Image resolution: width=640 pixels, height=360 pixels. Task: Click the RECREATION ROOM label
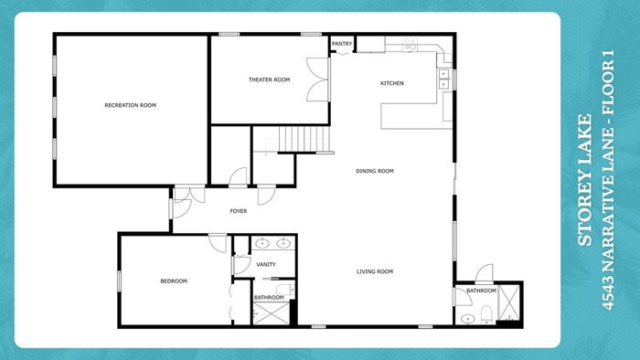(x=130, y=105)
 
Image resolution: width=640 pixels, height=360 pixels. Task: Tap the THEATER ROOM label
(x=270, y=79)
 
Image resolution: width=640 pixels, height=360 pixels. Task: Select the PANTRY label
(x=342, y=44)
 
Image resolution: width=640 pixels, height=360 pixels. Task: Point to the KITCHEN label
(x=392, y=83)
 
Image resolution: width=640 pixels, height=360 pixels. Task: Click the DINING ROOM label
(x=375, y=171)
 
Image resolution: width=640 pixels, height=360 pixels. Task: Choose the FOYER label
(x=239, y=211)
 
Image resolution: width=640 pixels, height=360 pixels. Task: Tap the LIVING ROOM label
(x=375, y=271)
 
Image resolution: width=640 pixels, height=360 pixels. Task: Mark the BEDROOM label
(x=174, y=281)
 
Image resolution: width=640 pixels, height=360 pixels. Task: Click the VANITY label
(x=266, y=265)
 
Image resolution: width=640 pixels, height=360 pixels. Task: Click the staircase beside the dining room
(x=304, y=139)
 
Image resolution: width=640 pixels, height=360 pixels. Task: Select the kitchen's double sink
(x=443, y=79)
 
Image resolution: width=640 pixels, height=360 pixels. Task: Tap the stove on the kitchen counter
(x=411, y=45)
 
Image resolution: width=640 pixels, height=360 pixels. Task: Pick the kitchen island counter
(x=416, y=116)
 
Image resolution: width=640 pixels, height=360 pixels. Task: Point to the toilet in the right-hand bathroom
(x=486, y=314)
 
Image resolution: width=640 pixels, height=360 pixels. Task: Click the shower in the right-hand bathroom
(x=509, y=302)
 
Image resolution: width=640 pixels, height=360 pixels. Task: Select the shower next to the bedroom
(x=271, y=313)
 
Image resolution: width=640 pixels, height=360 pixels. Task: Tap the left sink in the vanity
(x=262, y=243)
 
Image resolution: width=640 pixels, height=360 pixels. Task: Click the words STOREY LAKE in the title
(x=584, y=180)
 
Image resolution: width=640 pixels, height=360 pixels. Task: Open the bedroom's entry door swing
(x=218, y=243)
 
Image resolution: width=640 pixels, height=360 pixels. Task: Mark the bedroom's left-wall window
(x=119, y=281)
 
